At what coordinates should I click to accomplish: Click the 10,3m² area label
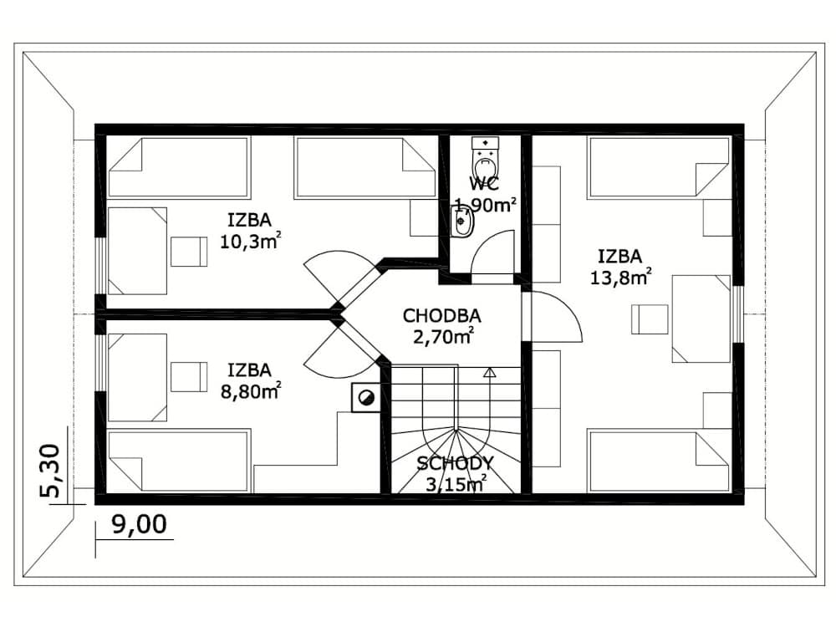251,242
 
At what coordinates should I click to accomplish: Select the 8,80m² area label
251,392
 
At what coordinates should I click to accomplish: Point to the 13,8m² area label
620,278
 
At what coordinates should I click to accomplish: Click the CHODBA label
442,316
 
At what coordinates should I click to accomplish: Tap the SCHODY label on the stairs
456,463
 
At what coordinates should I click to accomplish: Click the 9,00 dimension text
139,525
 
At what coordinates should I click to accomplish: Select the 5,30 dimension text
52,471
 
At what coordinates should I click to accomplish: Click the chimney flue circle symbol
366,398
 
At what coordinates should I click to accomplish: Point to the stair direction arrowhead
489,372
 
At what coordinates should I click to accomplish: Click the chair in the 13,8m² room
650,319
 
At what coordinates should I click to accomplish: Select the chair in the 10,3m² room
189,252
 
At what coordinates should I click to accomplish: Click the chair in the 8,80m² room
189,377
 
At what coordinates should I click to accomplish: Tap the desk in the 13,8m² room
701,319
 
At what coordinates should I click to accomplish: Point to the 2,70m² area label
444,337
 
